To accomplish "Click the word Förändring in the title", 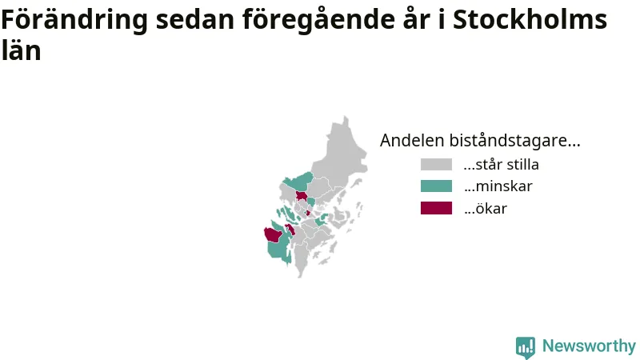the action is pyautogui.click(x=74, y=19).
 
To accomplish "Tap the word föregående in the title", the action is pyautogui.click(x=318, y=19).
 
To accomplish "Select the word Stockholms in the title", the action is pyautogui.click(x=530, y=18).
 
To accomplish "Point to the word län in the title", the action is pyautogui.click(x=21, y=50).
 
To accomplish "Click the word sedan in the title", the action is pyautogui.click(x=195, y=19).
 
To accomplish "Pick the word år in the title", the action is pyautogui.click(x=416, y=18).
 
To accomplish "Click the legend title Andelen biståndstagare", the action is pyautogui.click(x=480, y=141).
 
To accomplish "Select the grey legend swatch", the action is pyautogui.click(x=436, y=165).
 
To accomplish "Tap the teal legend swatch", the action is pyautogui.click(x=436, y=186).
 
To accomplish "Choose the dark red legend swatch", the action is pyautogui.click(x=436, y=208).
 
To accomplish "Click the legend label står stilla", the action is pyautogui.click(x=502, y=165).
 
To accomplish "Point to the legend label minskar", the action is pyautogui.click(x=498, y=186).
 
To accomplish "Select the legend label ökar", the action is pyautogui.click(x=486, y=208).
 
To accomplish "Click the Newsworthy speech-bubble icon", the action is pyautogui.click(x=526, y=347).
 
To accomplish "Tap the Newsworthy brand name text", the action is pyautogui.click(x=589, y=346).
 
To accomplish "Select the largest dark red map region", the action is pyautogui.click(x=273, y=235).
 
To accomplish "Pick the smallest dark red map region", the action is pyautogui.click(x=308, y=213).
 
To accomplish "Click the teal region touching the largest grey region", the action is pyautogui.click(x=298, y=181).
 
